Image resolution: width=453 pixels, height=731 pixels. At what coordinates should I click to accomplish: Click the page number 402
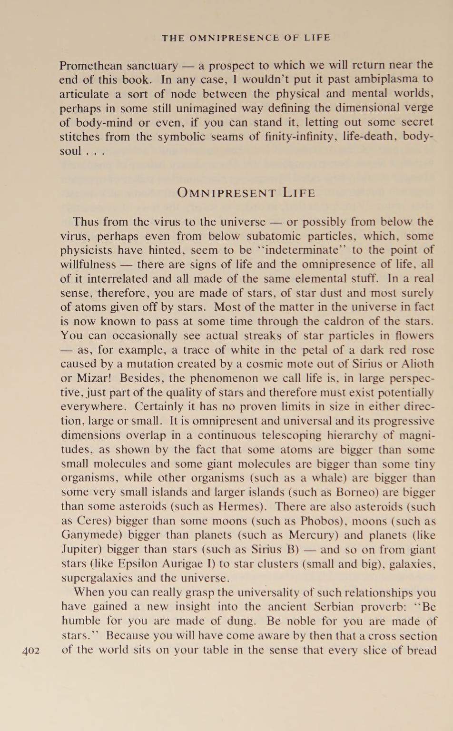31,651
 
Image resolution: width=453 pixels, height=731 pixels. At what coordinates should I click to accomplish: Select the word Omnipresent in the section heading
226,193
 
